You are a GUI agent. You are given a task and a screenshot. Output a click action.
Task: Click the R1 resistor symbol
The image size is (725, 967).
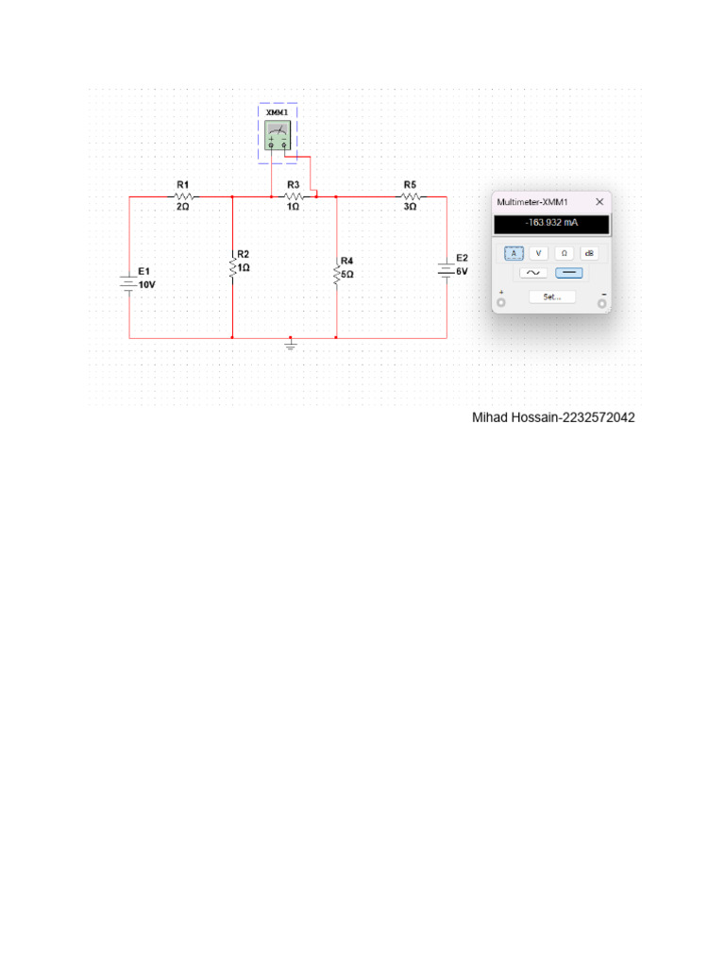(183, 197)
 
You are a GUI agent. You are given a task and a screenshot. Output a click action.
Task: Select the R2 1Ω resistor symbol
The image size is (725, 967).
(232, 267)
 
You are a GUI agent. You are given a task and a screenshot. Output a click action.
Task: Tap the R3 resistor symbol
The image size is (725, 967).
(294, 197)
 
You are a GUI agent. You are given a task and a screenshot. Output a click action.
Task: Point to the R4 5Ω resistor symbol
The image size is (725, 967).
(336, 274)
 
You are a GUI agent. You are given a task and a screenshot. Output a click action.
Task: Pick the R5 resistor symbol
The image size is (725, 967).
(410, 197)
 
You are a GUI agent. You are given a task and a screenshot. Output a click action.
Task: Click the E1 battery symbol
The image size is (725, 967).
(129, 282)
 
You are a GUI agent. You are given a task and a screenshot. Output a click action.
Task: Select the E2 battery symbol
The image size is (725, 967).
(447, 270)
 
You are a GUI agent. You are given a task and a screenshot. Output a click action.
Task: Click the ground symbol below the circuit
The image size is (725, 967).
(291, 346)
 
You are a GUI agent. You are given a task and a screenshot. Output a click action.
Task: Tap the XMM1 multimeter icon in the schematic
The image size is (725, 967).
(278, 135)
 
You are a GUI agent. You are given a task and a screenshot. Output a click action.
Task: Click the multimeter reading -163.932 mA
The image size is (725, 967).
(552, 224)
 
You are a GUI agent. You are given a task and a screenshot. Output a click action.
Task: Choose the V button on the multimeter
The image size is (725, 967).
(538, 253)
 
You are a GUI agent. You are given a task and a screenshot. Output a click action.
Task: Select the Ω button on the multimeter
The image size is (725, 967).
(564, 253)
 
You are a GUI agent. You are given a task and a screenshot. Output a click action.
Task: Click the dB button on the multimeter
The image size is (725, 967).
(589, 253)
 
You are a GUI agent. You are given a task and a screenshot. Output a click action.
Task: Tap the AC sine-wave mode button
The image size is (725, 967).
(533, 273)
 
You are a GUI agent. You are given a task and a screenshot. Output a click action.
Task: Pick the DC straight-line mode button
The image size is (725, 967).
(569, 273)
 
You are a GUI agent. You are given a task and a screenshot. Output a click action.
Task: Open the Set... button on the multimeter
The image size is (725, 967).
(552, 297)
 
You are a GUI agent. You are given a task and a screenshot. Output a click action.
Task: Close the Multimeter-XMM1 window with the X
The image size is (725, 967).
(599, 201)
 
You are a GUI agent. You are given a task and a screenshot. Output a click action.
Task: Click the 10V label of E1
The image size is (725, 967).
(147, 284)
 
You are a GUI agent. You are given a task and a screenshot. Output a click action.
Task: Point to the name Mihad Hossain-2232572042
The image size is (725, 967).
(553, 417)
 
